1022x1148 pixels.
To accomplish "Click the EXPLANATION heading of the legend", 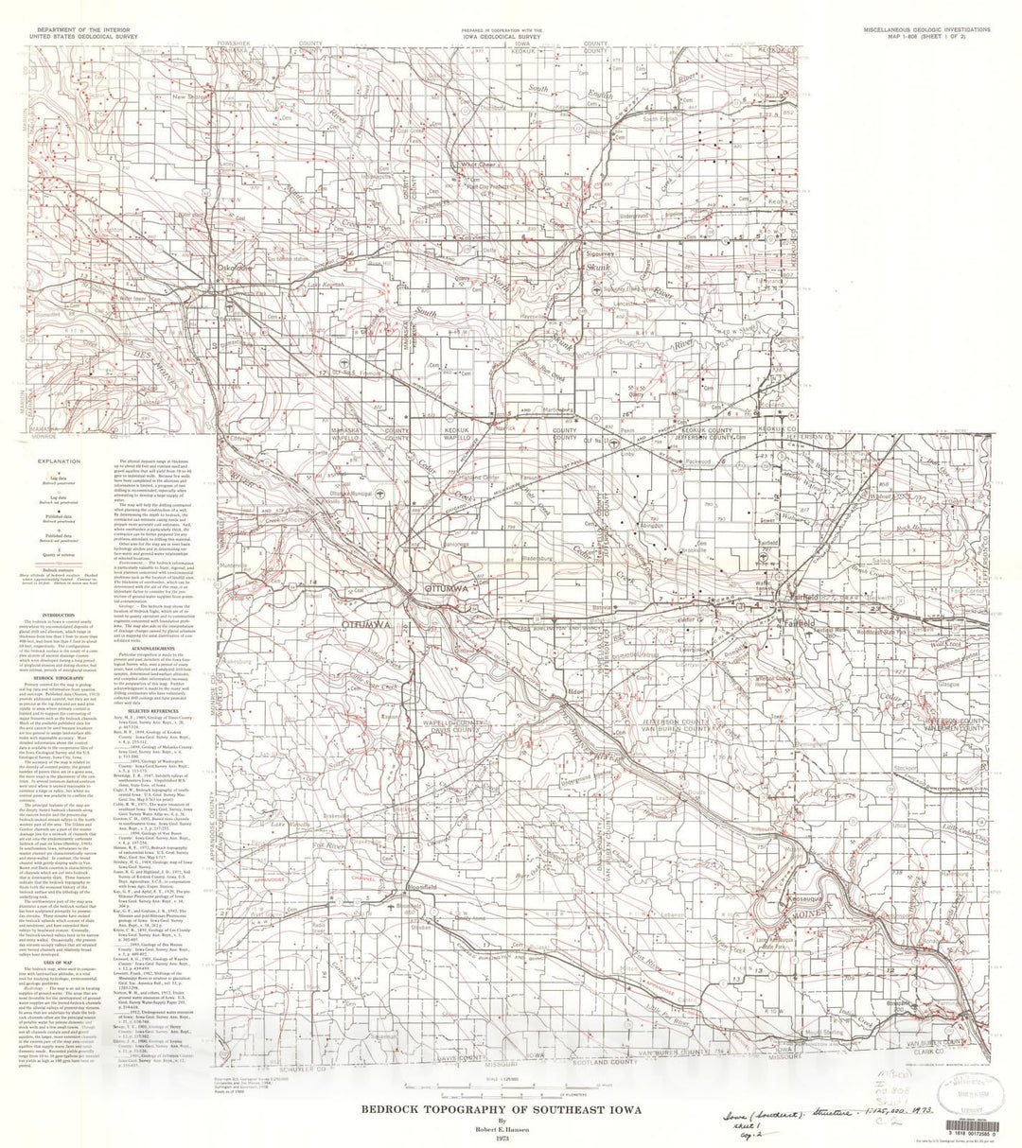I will [x=58, y=460].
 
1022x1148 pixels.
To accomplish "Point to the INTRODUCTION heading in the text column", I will [x=58, y=611].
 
